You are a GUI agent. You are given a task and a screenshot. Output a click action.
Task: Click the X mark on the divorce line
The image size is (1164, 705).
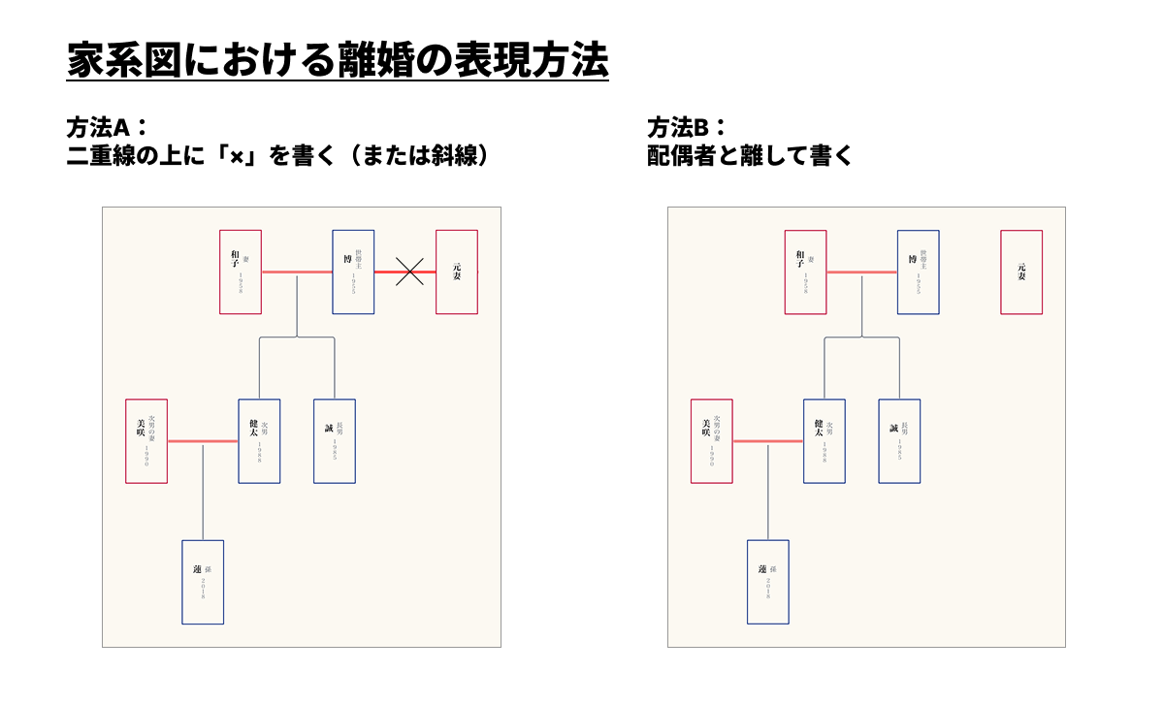410,272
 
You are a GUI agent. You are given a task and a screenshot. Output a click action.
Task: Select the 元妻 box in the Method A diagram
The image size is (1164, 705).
457,272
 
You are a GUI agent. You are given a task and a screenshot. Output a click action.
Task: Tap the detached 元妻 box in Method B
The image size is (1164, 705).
1021,272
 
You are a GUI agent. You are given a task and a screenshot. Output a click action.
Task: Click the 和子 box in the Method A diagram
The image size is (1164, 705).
241,272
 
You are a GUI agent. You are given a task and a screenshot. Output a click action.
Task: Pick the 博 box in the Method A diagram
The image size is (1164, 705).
353,272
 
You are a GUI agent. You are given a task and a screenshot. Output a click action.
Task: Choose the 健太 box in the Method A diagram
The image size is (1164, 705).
259,441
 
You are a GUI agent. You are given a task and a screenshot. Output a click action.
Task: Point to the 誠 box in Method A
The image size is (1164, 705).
335,441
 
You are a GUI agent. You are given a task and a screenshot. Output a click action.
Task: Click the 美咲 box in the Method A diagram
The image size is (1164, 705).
146,441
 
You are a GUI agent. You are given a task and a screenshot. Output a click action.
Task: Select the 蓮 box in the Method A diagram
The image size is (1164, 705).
203,582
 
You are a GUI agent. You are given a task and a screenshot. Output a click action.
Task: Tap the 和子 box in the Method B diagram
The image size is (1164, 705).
806,272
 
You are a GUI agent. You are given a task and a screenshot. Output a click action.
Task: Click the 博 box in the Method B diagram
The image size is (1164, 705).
919,272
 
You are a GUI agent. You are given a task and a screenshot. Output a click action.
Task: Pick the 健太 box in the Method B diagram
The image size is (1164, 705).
824,441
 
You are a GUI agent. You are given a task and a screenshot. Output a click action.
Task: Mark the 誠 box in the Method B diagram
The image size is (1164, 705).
900,441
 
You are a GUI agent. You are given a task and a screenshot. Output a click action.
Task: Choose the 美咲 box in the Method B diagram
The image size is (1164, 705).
712,441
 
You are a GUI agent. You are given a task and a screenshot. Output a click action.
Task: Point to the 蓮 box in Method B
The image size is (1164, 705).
768,582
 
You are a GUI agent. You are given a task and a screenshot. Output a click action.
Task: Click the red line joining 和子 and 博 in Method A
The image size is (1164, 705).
297,272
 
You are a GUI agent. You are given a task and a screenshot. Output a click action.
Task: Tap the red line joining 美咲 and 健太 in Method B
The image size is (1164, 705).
768,441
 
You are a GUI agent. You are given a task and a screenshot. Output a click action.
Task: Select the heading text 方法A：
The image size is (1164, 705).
106,127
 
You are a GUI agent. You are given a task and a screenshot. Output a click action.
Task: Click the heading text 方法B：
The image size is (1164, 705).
687,127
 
